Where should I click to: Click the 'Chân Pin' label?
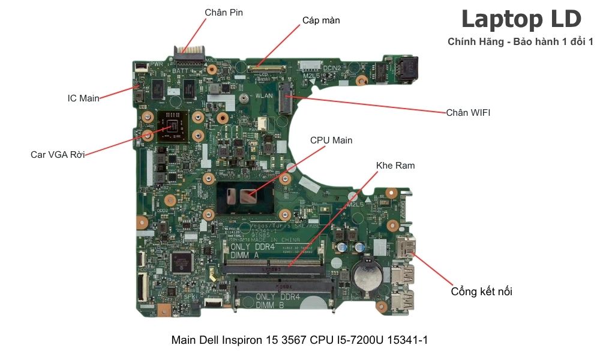point(224,12)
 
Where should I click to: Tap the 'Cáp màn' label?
point(321,20)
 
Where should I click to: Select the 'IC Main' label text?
point(83,98)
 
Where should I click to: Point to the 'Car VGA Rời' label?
point(58,155)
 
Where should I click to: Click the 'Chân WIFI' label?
point(468,112)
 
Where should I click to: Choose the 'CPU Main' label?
point(331,140)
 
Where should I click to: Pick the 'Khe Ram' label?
point(395,165)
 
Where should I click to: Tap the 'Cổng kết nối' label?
point(481,292)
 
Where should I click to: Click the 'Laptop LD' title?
point(521,19)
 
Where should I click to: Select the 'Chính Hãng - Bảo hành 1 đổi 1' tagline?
point(520,41)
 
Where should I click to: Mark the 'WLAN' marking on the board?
point(264,95)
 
